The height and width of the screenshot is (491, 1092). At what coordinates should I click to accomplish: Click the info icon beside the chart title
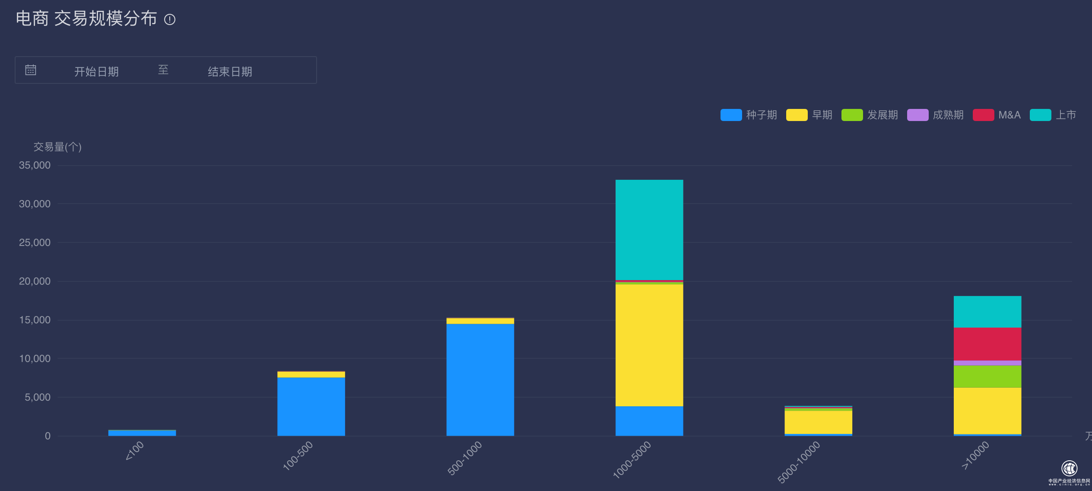point(170,19)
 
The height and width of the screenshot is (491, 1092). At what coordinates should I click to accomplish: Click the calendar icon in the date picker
point(31,70)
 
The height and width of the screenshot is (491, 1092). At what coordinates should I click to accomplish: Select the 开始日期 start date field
point(96,71)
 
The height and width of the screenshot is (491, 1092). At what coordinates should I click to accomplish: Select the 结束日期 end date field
point(230,71)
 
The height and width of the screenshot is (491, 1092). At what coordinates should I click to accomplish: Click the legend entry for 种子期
point(749,115)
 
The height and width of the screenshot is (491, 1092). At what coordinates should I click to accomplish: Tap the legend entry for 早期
point(809,115)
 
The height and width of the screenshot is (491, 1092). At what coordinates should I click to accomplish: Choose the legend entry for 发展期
point(870,115)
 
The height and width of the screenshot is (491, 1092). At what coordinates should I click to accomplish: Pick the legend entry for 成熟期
point(935,115)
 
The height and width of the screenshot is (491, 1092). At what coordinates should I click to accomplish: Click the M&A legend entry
point(997,115)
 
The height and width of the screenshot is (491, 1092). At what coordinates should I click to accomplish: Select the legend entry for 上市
point(1053,115)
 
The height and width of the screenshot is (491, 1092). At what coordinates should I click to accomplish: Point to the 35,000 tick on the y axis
point(35,165)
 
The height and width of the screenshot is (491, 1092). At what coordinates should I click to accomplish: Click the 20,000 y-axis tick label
point(35,281)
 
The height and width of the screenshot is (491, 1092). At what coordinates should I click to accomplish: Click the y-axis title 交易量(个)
point(57,147)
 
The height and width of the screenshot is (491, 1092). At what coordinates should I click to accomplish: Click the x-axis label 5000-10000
point(799,462)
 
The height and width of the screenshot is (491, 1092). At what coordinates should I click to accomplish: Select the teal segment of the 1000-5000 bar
point(649,230)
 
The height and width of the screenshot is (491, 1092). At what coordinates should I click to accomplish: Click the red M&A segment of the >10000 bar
point(987,344)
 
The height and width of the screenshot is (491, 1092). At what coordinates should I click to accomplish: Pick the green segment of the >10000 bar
point(987,376)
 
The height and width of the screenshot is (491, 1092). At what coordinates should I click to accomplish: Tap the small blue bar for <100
point(142,433)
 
